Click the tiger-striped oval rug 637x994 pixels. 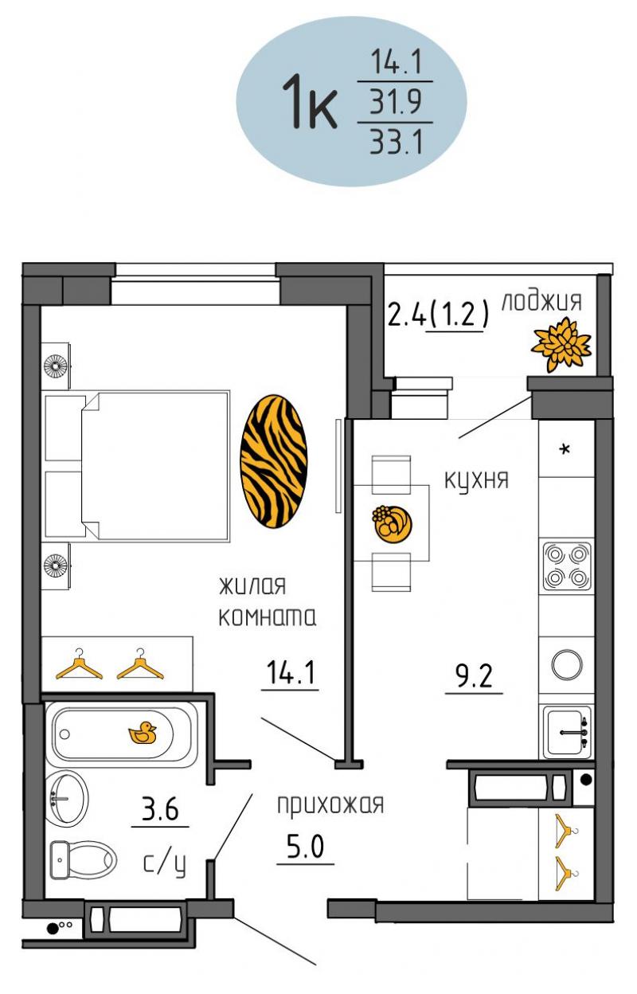(273, 461)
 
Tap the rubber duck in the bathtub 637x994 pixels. (142, 733)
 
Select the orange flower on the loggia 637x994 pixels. (561, 344)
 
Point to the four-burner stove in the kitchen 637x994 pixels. (567, 567)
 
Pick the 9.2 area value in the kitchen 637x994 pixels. (474, 677)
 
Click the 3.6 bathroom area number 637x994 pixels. (160, 809)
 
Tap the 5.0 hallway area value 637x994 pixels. (305, 847)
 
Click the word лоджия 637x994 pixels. (541, 301)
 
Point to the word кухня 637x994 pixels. (476, 480)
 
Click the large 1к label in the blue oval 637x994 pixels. (310, 102)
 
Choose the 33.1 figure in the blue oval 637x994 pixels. (396, 142)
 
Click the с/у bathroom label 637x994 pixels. (164, 863)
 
